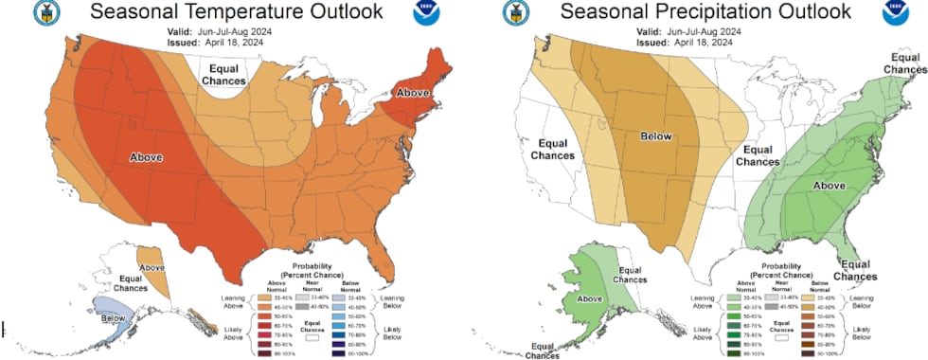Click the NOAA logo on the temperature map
click(x=423, y=13)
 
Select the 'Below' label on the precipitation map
click(x=655, y=136)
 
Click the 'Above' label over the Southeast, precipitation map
click(x=830, y=186)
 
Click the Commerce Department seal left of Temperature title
click(x=43, y=13)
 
